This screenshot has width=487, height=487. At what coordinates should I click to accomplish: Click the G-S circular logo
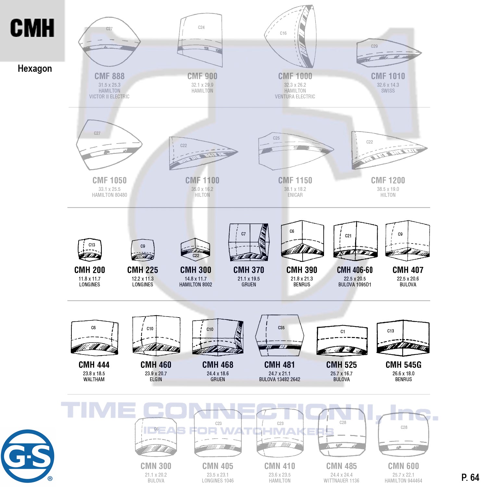27,456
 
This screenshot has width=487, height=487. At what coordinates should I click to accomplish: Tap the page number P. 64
470,477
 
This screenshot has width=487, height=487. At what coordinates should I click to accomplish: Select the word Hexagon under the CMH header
35,69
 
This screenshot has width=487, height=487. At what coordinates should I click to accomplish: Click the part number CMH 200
90,270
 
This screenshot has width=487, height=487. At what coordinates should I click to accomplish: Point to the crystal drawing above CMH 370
249,242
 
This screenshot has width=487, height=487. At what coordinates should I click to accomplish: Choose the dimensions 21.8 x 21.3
302,279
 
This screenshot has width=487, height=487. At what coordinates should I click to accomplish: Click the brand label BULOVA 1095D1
355,284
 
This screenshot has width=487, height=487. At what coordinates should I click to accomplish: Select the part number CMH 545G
403,365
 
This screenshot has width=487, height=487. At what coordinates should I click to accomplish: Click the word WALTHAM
94,379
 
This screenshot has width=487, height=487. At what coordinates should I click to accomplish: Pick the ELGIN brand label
156,379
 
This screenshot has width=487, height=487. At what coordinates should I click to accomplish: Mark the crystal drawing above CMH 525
342,341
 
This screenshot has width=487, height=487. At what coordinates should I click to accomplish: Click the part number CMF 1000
295,76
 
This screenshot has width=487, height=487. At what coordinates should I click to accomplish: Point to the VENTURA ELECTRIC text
295,96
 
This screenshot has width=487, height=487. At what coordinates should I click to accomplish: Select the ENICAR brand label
295,195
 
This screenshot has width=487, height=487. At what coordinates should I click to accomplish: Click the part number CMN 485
341,466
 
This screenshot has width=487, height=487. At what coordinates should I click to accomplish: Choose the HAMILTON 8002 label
195,284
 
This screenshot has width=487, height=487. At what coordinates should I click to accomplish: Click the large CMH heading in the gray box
32,28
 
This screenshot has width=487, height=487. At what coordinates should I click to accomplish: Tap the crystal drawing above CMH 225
143,250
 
